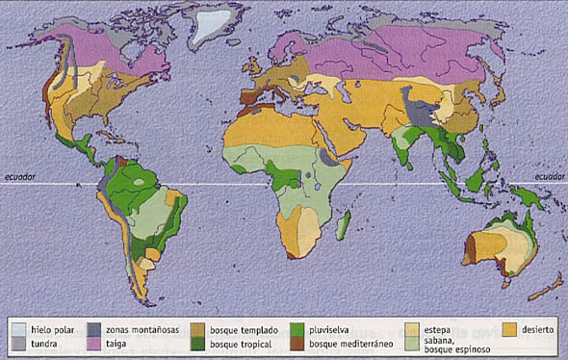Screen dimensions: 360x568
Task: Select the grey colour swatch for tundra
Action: (17, 344)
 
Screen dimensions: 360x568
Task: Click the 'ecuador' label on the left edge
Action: (20, 175)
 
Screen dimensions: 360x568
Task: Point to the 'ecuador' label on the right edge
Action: (548, 175)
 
